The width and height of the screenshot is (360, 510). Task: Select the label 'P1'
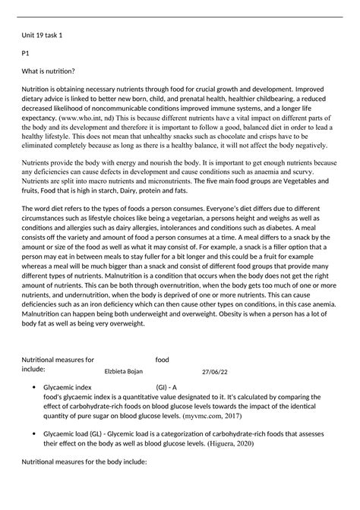click(x=25, y=54)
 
